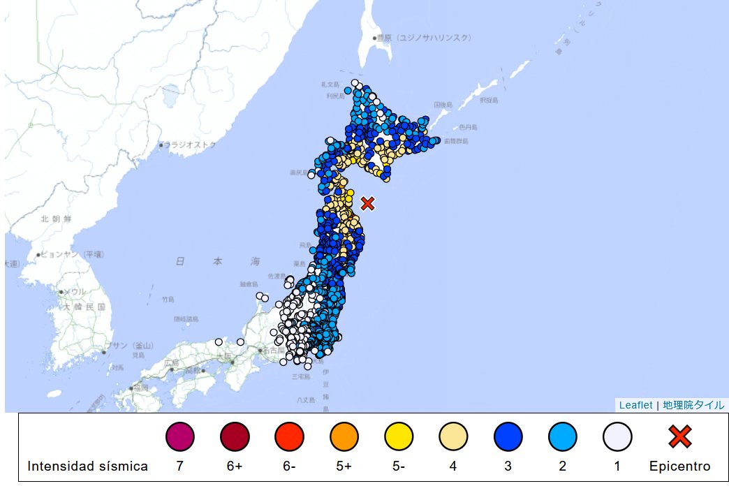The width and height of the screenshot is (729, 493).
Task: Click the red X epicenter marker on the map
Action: pyautogui.click(x=368, y=203)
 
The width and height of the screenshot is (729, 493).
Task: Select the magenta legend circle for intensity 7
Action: pyautogui.click(x=179, y=437)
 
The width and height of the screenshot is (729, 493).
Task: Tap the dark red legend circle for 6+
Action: pyautogui.click(x=235, y=437)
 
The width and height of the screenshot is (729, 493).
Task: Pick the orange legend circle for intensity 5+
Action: pyautogui.click(x=344, y=437)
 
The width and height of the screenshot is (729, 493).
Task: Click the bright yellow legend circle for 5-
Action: pyautogui.click(x=399, y=437)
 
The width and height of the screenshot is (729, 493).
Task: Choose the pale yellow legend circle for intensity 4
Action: pyautogui.click(x=453, y=437)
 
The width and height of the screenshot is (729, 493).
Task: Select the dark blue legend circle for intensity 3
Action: pyautogui.click(x=508, y=437)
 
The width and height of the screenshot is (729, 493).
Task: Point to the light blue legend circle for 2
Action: pyautogui.click(x=563, y=437)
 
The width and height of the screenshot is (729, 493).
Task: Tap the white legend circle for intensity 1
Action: pyautogui.click(x=617, y=437)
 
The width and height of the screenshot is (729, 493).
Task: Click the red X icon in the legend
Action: pyautogui.click(x=679, y=437)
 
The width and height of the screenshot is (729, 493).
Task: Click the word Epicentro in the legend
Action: pyautogui.click(x=679, y=466)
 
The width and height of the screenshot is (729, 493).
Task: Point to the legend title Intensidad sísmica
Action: pyautogui.click(x=87, y=466)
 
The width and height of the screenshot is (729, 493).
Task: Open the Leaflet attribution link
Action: pyautogui.click(x=635, y=405)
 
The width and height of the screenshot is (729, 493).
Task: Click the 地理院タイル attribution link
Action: pyautogui.click(x=693, y=405)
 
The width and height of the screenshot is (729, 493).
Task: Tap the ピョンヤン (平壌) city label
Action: pyautogui.click(x=73, y=254)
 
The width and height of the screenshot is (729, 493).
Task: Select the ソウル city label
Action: pyautogui.click(x=76, y=292)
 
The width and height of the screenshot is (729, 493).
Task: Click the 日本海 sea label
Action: pyautogui.click(x=217, y=261)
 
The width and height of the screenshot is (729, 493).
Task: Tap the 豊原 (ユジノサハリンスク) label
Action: pyautogui.click(x=425, y=38)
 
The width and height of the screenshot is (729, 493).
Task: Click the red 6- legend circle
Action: pyautogui.click(x=289, y=437)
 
